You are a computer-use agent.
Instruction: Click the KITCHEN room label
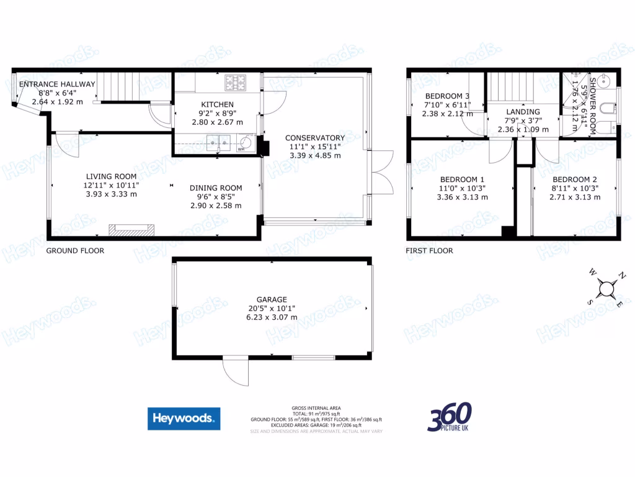(x=217, y=104)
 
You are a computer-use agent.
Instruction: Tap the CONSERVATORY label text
(x=314, y=138)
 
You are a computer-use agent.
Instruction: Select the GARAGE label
(x=273, y=299)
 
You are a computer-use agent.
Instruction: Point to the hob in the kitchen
(x=235, y=81)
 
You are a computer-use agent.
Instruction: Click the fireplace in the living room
(x=131, y=230)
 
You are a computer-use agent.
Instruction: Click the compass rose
(x=606, y=288)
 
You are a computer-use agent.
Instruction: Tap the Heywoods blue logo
(x=184, y=419)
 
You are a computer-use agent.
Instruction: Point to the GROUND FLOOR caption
(x=75, y=251)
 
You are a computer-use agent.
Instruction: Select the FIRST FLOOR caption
(x=429, y=251)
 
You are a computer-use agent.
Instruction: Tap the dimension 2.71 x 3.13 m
(x=575, y=198)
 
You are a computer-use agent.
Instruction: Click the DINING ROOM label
(x=216, y=188)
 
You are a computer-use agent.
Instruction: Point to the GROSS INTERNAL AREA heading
(x=316, y=408)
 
